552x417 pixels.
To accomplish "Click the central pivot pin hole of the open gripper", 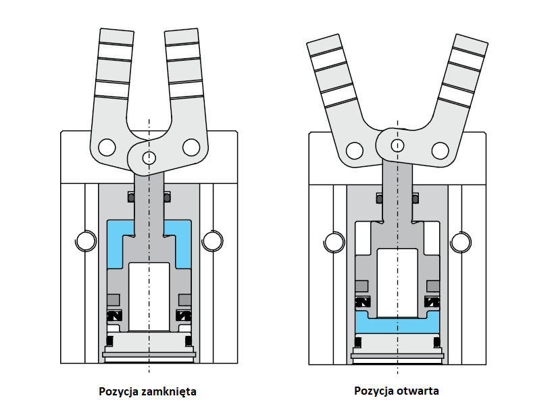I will [x=398, y=145].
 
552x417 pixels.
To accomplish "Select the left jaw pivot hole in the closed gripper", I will [x=107, y=146].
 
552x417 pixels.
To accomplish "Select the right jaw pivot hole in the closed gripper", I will [x=191, y=146].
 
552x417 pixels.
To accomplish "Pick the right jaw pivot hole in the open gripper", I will [x=441, y=149].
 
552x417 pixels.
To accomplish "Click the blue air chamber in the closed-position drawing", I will [x=117, y=243].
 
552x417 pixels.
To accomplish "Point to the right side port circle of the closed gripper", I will [x=211, y=240].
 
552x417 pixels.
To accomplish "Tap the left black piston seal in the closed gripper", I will [x=113, y=316].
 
